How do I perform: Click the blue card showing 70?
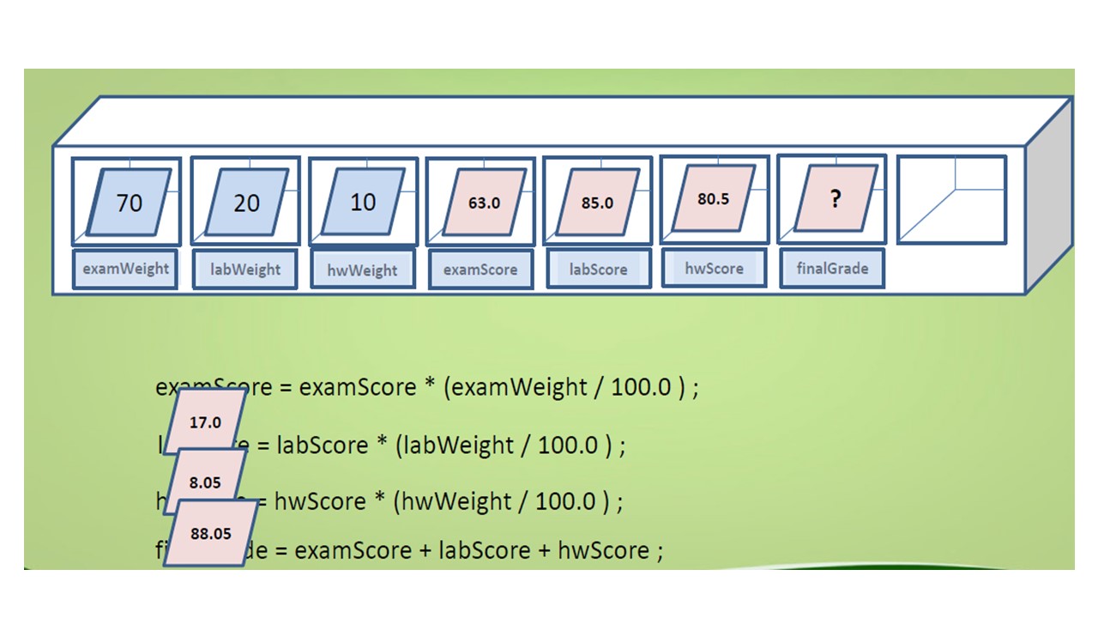130,203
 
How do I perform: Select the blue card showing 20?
246,203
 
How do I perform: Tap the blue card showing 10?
363,202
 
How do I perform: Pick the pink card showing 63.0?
484,203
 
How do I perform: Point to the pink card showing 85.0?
597,203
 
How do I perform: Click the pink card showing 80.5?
714,198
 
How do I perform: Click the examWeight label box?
125,269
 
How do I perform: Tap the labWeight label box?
245,270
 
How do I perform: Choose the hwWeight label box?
362,270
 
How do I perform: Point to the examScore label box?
480,270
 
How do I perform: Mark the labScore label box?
598,269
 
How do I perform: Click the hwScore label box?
714,268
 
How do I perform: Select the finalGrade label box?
832,268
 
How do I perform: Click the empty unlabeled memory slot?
951,199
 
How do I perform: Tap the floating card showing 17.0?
206,422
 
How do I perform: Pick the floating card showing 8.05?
206,482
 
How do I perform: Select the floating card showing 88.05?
211,533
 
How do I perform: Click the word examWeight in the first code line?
519,387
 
